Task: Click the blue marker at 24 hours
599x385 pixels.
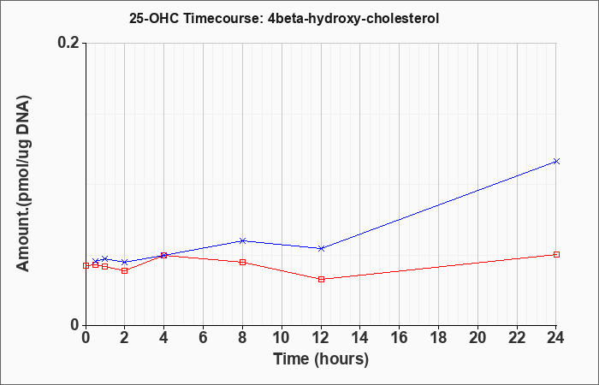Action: [556, 161]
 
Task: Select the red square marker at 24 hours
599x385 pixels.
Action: [556, 254]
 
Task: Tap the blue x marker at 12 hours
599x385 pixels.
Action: [321, 248]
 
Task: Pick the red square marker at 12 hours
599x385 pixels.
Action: [321, 279]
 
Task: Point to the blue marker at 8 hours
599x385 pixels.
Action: [242, 240]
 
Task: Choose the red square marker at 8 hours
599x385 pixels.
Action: [242, 262]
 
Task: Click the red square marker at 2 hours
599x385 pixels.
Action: [125, 270]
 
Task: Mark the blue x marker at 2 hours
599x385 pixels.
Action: [125, 262]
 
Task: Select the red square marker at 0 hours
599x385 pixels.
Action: [86, 265]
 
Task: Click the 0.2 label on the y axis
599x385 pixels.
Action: [68, 43]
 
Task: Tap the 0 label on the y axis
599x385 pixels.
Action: [74, 325]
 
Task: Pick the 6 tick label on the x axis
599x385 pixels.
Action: [204, 338]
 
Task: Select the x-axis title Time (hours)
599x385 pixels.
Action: [321, 359]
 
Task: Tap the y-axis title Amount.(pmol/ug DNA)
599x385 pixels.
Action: [23, 184]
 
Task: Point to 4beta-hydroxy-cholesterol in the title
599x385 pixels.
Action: [353, 19]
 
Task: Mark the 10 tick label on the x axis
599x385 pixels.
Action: [282, 338]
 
